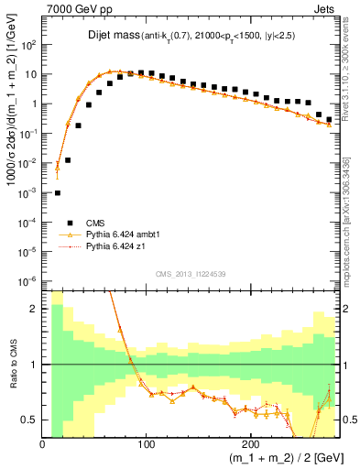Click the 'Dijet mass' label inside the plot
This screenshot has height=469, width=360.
click(109, 38)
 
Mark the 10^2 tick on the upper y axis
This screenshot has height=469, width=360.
click(29, 44)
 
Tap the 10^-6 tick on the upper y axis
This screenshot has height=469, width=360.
click(29, 280)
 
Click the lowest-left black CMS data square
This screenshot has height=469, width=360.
click(58, 193)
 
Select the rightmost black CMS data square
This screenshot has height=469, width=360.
click(329, 119)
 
